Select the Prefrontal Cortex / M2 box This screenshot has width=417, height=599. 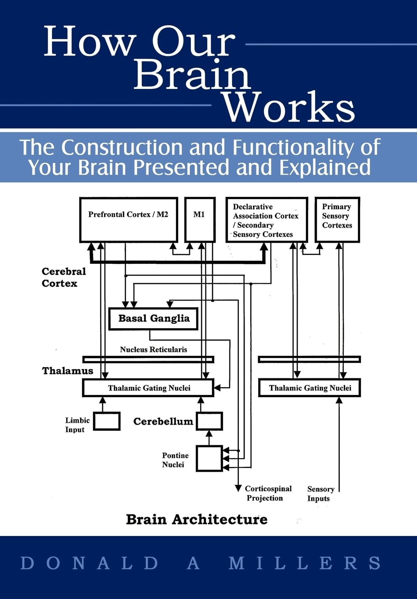[x=128, y=219]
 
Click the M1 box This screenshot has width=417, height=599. [x=199, y=219]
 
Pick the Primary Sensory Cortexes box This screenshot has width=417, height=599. [x=337, y=219]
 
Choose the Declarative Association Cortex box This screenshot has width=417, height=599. [x=266, y=220]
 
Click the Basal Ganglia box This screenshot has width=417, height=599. [x=153, y=318]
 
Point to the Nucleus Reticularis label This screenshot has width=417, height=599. [x=153, y=350]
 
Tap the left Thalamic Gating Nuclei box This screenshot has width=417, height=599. [x=148, y=388]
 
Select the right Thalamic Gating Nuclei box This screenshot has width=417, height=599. [x=309, y=388]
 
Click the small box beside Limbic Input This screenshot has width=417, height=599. [x=107, y=421]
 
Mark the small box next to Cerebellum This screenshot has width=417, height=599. [x=209, y=421]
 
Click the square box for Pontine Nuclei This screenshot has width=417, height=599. [x=209, y=458]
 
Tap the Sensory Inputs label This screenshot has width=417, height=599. [x=320, y=494]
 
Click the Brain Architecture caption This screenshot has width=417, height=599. [x=197, y=519]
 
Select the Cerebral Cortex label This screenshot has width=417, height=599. [x=63, y=277]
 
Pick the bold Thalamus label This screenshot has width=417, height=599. [x=67, y=371]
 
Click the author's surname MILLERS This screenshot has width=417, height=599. [x=305, y=563]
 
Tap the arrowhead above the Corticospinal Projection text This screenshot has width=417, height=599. [x=238, y=488]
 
